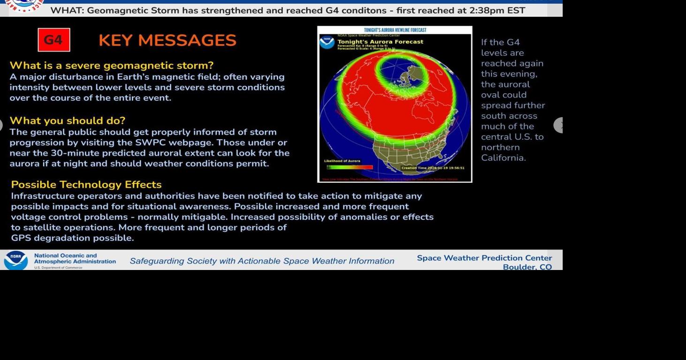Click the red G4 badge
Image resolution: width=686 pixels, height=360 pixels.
(x=54, y=40)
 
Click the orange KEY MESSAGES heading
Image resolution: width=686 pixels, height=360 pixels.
(x=167, y=41)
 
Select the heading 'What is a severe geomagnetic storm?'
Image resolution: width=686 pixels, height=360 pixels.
(x=112, y=65)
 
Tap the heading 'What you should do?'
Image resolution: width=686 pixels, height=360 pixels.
(x=68, y=120)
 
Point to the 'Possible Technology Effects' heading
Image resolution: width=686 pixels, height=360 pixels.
(x=86, y=184)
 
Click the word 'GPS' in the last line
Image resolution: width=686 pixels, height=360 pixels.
(x=21, y=238)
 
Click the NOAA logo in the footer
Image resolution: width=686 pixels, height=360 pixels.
(x=16, y=260)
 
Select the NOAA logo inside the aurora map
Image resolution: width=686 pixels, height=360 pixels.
(x=327, y=42)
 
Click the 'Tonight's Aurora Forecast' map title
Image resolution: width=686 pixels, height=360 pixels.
(x=380, y=42)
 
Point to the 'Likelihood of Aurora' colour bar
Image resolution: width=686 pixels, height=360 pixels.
(x=349, y=167)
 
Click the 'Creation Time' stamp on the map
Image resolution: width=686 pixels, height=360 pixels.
(x=433, y=168)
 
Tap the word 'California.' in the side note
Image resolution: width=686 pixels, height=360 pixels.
(x=503, y=158)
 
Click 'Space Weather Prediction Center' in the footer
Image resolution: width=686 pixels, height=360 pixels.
(x=484, y=258)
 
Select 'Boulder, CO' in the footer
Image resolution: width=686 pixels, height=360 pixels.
(x=527, y=267)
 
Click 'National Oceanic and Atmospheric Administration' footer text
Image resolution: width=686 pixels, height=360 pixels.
(x=75, y=258)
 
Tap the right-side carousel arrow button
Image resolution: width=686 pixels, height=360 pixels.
(x=559, y=125)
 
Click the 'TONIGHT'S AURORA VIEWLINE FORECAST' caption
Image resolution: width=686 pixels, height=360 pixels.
(x=395, y=30)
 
